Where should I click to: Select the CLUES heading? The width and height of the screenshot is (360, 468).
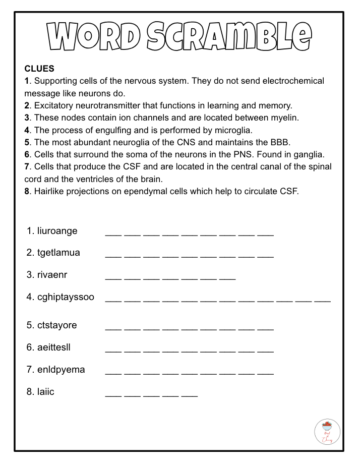pos(39,69)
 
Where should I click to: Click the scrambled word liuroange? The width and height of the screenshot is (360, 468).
pos(57,231)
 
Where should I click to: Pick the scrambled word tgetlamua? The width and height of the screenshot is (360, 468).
pos(58,253)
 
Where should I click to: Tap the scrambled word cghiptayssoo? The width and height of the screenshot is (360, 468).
pos(66,297)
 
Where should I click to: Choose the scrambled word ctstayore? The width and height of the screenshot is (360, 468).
pos(57,325)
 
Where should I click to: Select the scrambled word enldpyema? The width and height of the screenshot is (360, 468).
pos(61,370)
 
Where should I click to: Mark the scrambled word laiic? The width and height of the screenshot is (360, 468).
pos(45,392)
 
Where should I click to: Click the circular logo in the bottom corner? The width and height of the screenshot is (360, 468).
pos(327,432)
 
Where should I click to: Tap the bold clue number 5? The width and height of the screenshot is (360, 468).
pos(27,143)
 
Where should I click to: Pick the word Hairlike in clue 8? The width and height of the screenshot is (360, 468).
pos(49,192)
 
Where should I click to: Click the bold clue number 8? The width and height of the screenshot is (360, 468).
pos(27,192)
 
